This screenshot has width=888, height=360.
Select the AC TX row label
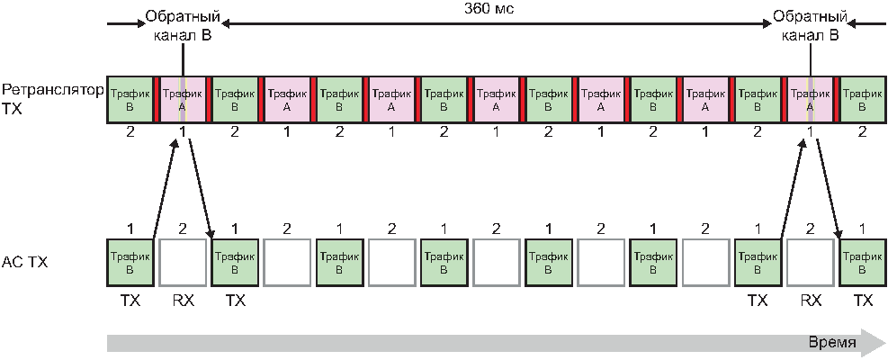pos(25,263)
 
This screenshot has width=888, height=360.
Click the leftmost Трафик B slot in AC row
pos(130,262)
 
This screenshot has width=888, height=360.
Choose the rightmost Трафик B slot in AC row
pos(862,262)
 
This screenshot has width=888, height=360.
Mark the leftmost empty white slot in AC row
pos(183,262)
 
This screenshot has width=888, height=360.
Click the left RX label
pos(183,301)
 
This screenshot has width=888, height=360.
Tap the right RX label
pos(811,301)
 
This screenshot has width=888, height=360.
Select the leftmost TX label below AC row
pos(130,301)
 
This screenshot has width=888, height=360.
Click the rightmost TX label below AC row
pos(862,301)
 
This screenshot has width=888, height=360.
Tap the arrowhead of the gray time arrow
pos(873,343)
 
